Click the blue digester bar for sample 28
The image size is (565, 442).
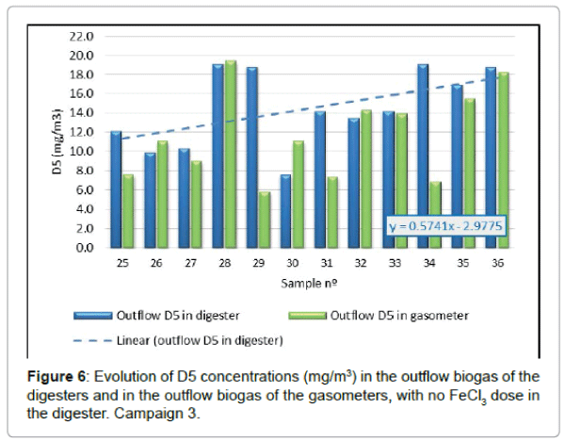tap(218, 156)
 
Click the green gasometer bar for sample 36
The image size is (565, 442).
tap(502, 160)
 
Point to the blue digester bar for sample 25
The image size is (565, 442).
tap(116, 189)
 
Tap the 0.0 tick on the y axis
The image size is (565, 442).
tap(85, 248)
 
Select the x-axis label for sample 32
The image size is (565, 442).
tap(360, 264)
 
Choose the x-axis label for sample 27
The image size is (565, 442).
tap(189, 264)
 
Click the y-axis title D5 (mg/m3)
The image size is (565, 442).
tap(58, 142)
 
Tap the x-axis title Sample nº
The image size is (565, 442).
tap(308, 282)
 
